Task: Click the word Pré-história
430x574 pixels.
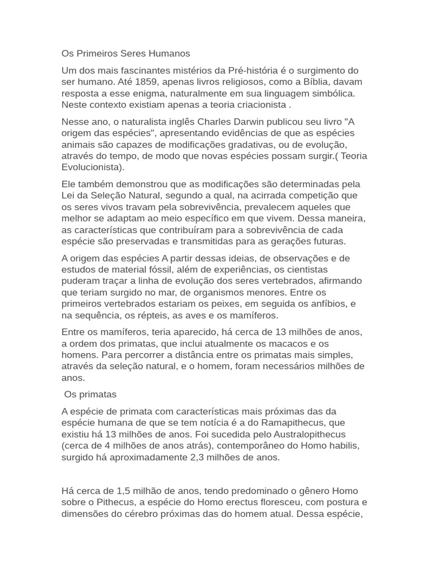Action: coord(256,71)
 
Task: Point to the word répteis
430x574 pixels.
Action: coord(147,315)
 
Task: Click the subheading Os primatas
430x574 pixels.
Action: coord(91,394)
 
